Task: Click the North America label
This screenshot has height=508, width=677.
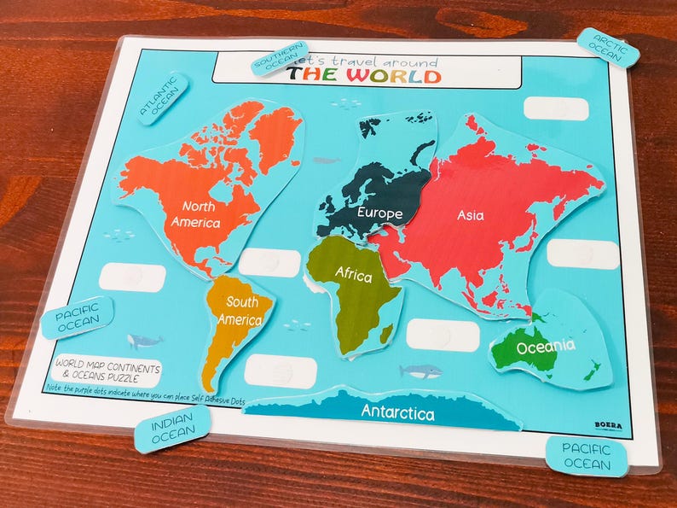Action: tap(195, 214)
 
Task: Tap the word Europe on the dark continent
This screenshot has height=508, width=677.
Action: tap(379, 212)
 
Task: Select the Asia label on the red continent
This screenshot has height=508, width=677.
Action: tap(470, 215)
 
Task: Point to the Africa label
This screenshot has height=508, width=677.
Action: tap(353, 274)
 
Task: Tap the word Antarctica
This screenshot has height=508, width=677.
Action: tap(397, 413)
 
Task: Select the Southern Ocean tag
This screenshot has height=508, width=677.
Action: tap(278, 57)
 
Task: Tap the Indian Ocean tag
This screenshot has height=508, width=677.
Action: tap(172, 429)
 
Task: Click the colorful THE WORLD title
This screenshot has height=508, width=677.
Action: tap(364, 75)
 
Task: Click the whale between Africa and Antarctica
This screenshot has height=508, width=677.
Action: tap(421, 371)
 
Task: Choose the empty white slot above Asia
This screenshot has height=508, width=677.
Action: tap(556, 108)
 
